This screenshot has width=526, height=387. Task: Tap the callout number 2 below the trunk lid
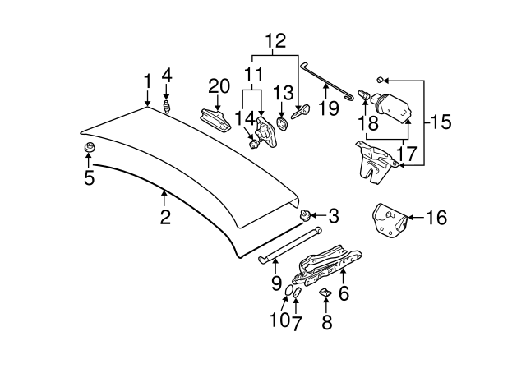tap(164, 217)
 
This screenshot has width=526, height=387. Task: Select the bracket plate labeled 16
tap(390, 221)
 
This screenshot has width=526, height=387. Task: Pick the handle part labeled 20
tap(216, 118)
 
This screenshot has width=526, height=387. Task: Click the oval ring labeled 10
tap(288, 292)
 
